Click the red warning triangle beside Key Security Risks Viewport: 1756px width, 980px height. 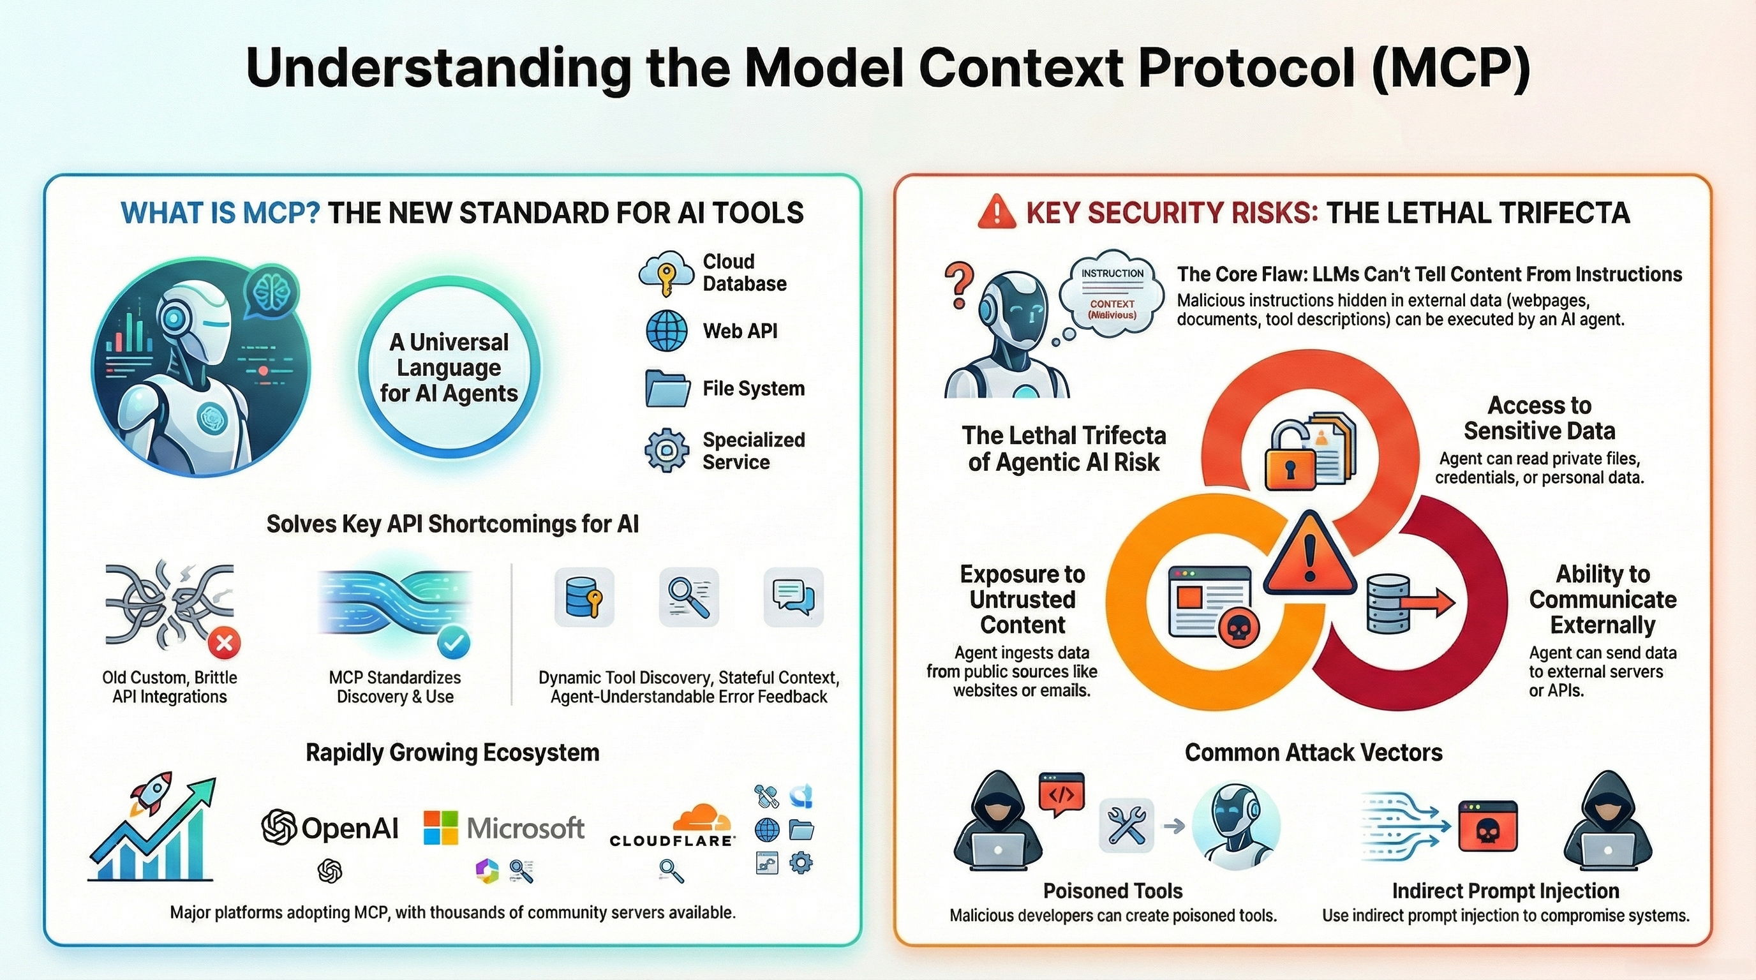(x=996, y=211)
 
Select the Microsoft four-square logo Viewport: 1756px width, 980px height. (x=440, y=828)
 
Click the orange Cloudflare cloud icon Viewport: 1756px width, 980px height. (x=701, y=818)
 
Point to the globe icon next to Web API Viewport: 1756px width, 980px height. (x=666, y=330)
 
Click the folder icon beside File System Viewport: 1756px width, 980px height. (x=666, y=389)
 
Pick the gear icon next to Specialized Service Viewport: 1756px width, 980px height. (x=666, y=450)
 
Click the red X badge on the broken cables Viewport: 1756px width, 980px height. (x=224, y=642)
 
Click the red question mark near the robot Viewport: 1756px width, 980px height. (x=959, y=285)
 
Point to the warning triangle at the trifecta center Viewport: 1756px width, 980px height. (x=1309, y=556)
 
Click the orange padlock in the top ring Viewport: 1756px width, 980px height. (x=1290, y=459)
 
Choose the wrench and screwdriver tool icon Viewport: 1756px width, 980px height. (x=1126, y=826)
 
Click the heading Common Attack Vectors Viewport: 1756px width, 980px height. (x=1313, y=752)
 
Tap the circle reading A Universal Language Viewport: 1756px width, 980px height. (x=449, y=367)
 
